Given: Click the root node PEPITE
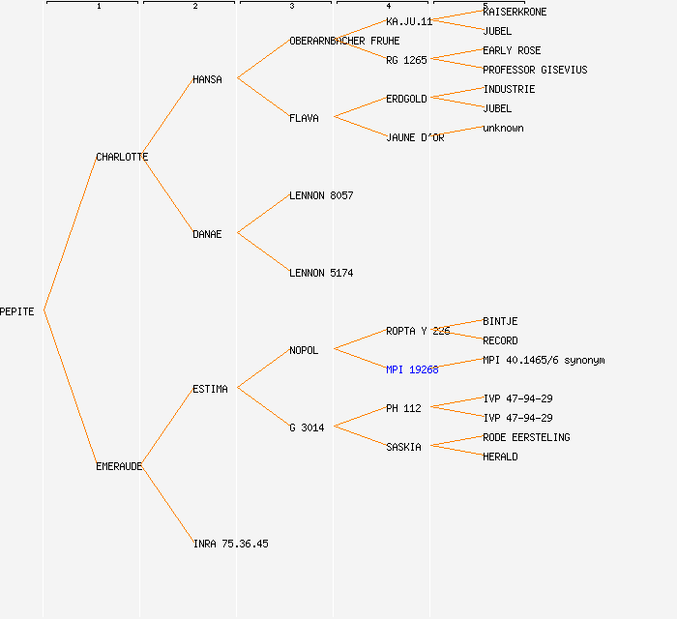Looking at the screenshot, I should [x=17, y=311].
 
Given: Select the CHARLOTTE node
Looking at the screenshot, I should [x=122, y=157].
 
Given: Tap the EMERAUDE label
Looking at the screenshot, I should [x=119, y=466].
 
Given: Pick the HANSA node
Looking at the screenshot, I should [x=207, y=79].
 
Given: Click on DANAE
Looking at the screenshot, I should [x=207, y=234].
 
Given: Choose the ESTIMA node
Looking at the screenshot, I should [x=210, y=389].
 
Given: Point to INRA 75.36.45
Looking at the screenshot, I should [x=230, y=544].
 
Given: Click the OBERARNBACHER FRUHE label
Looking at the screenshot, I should [x=343, y=41].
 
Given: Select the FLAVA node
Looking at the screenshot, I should [x=304, y=118].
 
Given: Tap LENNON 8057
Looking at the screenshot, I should [x=321, y=195].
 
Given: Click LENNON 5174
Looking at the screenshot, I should [x=321, y=273].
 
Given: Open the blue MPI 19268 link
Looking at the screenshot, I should [x=412, y=369].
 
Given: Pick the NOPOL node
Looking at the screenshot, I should [x=304, y=350].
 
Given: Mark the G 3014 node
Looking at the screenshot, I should [x=307, y=427].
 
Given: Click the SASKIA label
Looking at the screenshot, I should [x=403, y=447].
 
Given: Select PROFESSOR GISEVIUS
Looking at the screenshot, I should [x=535, y=70].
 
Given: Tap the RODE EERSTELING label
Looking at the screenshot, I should [x=526, y=437].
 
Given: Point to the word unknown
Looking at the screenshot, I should [x=503, y=128].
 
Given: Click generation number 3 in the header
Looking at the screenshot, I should [x=291, y=7].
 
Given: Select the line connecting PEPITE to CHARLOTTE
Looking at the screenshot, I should [x=70, y=234].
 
